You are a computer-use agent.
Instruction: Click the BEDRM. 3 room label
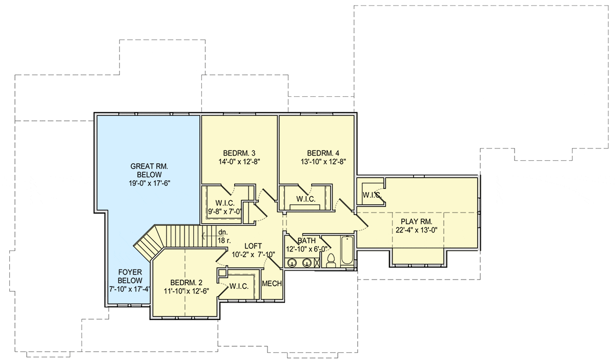pos(239,153)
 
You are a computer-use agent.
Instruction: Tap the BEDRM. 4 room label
pos(323,153)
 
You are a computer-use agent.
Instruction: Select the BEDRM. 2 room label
pos(187,282)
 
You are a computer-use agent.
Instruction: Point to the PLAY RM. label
pos(417,221)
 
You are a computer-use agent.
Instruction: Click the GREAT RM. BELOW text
pos(149,171)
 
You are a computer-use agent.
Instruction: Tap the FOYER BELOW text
pos(130,277)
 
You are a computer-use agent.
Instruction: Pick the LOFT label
pos(253,246)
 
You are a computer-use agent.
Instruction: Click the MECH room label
pos(272,284)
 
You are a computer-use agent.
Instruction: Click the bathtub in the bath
pos(347,250)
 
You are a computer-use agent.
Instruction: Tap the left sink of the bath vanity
pos(293,263)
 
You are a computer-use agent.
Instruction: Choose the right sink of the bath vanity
pos(306,263)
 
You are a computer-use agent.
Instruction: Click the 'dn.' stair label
pos(223,232)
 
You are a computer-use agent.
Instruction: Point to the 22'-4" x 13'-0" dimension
pos(417,230)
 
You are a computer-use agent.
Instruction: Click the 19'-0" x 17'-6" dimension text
pos(150,183)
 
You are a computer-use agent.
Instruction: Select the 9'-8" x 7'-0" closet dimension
pos(225,211)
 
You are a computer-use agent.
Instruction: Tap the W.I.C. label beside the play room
pos(372,195)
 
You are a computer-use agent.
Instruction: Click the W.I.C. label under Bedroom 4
pos(306,199)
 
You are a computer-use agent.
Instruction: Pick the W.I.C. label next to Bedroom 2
pos(239,286)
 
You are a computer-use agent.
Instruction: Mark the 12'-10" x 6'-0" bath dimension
pos(306,249)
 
